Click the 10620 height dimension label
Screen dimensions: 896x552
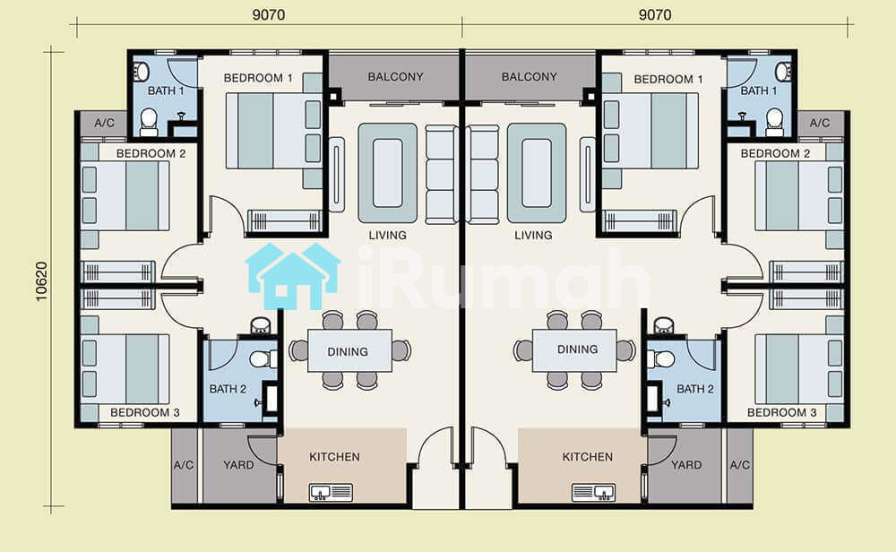pos(42,281)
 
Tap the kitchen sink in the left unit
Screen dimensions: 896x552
pos(331,492)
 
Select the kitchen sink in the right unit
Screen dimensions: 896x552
pos(594,492)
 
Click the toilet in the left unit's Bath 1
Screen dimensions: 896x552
pos(149,122)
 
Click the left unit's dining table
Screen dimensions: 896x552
pos(349,351)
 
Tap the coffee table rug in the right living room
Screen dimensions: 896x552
pos(537,173)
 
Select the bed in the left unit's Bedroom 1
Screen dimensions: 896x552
pos(273,131)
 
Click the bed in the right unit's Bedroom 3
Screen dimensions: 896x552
pos(799,369)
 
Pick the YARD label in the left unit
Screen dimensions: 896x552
pos(238,464)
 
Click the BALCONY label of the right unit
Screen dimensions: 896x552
pos(530,76)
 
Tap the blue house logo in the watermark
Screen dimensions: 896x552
pos(293,276)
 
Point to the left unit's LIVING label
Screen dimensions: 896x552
pos(387,235)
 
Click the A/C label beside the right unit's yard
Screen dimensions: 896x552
pos(739,464)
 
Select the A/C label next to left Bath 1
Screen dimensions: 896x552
pos(105,123)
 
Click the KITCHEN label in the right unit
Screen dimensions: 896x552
pos(588,457)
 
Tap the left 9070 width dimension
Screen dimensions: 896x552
pos(269,15)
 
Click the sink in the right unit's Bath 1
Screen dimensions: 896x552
pos(782,72)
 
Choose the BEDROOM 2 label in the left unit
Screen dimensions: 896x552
pos(151,153)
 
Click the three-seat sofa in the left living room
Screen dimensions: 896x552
pos(441,173)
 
